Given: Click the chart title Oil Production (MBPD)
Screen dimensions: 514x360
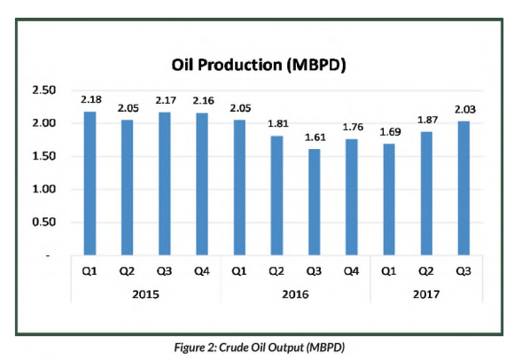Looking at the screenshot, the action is (x=259, y=65).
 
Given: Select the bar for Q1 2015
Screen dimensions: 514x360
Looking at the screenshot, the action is (x=90, y=184).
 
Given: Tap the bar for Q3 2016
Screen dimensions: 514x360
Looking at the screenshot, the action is (x=315, y=202).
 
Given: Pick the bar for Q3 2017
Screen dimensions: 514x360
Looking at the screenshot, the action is (x=463, y=188).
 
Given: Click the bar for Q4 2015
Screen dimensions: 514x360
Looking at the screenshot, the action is (x=202, y=184).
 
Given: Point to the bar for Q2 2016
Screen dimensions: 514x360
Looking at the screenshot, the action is (x=276, y=195).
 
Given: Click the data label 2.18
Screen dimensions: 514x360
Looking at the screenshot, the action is (x=91, y=99).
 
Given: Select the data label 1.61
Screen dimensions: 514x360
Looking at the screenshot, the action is (x=315, y=137).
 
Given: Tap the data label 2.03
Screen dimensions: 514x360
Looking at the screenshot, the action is (x=465, y=109).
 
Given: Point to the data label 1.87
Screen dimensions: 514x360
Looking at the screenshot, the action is (x=427, y=120).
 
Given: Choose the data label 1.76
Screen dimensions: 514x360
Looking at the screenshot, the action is (x=353, y=127).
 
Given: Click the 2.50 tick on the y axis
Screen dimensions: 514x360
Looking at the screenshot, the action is (x=44, y=90).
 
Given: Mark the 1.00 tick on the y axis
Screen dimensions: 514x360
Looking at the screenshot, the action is (x=44, y=189).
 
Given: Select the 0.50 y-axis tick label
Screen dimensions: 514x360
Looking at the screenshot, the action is (x=44, y=222).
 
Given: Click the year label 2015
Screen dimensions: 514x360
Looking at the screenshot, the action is (x=145, y=294).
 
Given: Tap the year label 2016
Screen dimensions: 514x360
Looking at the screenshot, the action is (x=295, y=294).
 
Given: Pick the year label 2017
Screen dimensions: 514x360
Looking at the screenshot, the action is (x=426, y=294).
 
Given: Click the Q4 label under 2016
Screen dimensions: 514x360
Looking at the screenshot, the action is (x=352, y=271).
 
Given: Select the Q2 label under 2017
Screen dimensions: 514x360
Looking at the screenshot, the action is (x=426, y=271).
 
